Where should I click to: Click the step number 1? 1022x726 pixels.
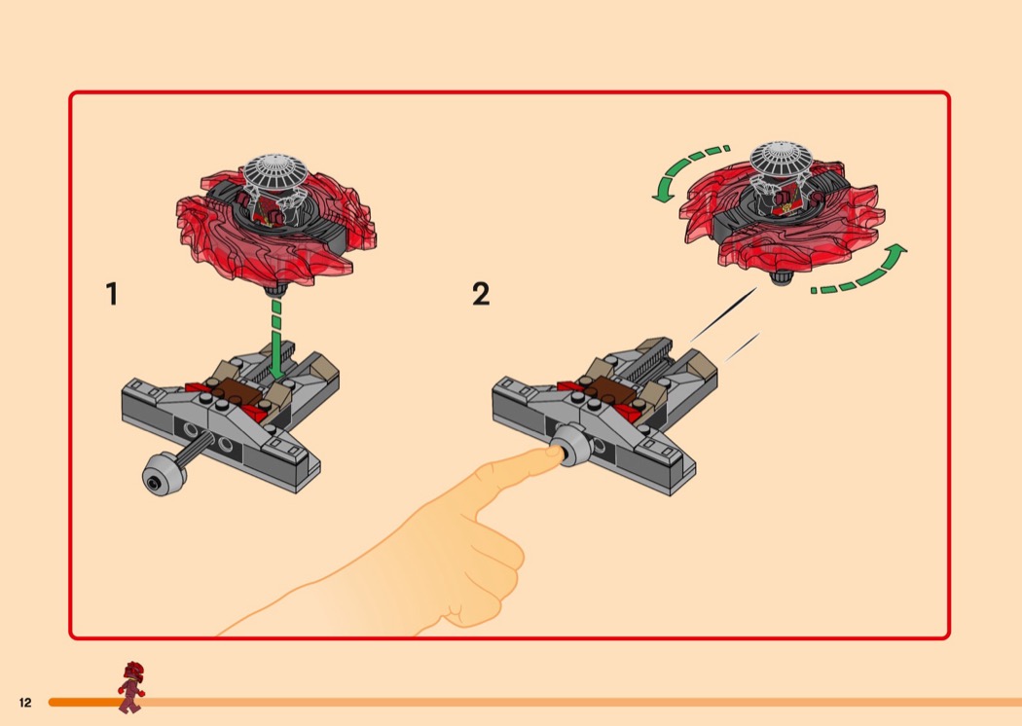pos(112,294)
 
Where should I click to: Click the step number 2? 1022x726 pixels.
pos(481,294)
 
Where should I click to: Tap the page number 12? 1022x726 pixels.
pos(25,703)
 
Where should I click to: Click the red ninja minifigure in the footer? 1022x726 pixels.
pos(130,686)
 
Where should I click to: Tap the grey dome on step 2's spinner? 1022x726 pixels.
pos(784,159)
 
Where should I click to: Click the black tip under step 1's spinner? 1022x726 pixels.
pos(275,290)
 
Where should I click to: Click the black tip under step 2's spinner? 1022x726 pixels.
pos(783,278)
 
